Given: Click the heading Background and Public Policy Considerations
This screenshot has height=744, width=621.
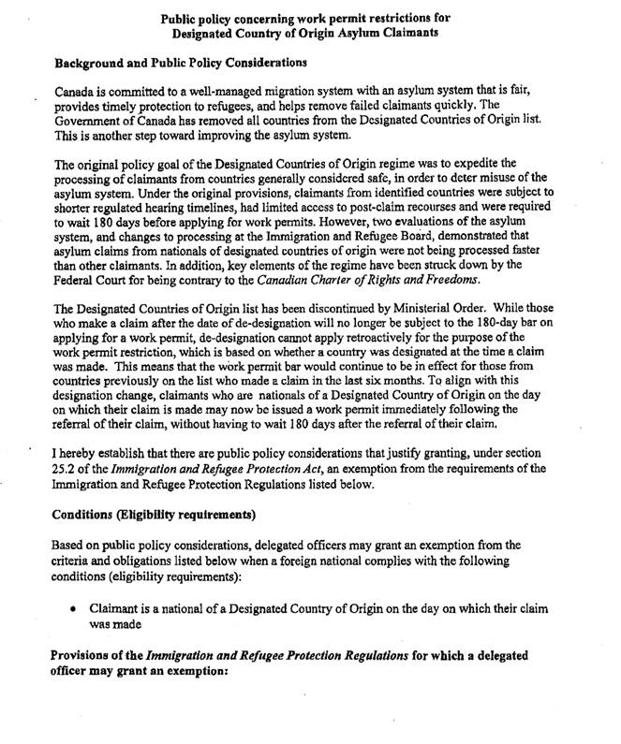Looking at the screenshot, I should tap(180, 64).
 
